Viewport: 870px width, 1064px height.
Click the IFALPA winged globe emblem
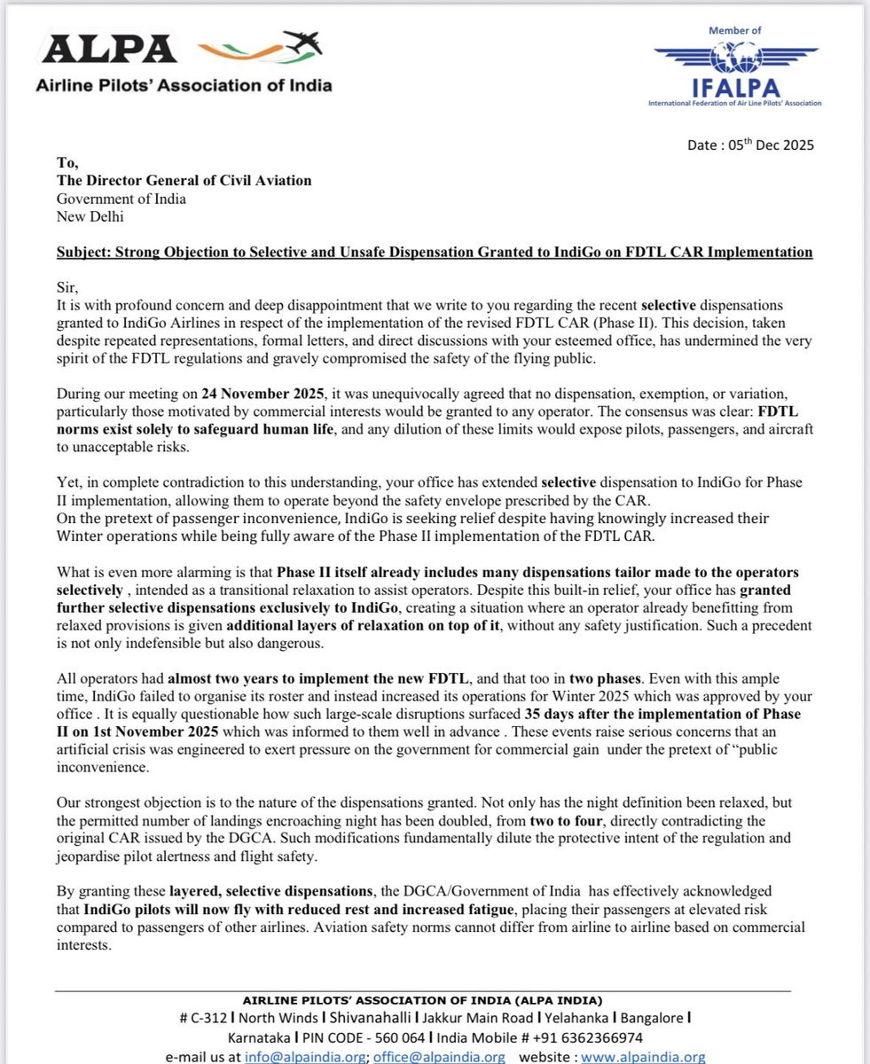tap(735, 59)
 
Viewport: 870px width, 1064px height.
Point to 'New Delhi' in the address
tap(90, 215)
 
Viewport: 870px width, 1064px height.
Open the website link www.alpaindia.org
tap(643, 1056)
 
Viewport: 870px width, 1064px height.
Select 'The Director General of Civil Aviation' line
tap(184, 180)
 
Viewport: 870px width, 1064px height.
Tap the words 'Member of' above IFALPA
tap(734, 30)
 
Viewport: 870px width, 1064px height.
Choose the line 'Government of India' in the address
tap(121, 198)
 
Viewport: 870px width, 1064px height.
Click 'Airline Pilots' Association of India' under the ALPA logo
tap(184, 86)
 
